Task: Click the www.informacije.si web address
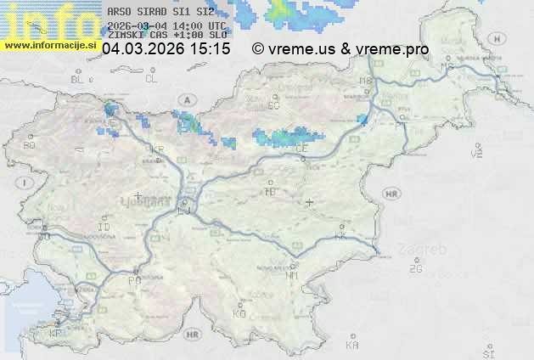click(52, 44)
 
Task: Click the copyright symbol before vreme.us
click(258, 49)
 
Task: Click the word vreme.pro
click(393, 49)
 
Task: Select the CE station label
click(301, 148)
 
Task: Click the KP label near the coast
click(56, 334)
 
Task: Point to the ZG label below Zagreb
click(415, 269)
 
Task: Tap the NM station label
click(293, 275)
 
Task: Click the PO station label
click(133, 279)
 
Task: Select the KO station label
click(239, 313)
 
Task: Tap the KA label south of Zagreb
click(352, 346)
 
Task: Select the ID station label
click(104, 228)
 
